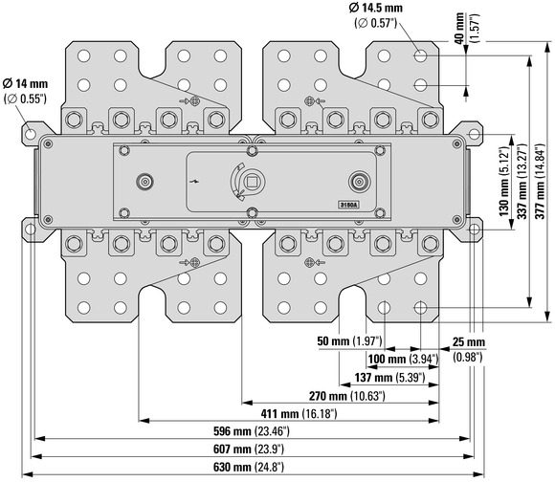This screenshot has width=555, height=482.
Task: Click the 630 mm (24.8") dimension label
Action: tap(249, 467)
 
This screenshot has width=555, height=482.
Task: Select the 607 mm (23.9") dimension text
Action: tap(249, 449)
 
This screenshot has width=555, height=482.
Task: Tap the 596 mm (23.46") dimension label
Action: tap(252, 431)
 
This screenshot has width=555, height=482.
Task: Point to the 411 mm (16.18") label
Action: tap(300, 413)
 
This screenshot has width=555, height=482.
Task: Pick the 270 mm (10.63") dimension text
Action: tap(346, 396)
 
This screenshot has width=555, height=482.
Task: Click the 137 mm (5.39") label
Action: tap(389, 378)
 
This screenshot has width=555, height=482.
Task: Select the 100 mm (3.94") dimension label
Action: tap(403, 360)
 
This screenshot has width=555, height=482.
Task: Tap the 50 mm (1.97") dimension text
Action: tap(349, 340)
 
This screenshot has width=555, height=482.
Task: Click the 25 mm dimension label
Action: tap(469, 342)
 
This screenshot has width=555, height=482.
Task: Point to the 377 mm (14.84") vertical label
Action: tap(540, 181)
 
